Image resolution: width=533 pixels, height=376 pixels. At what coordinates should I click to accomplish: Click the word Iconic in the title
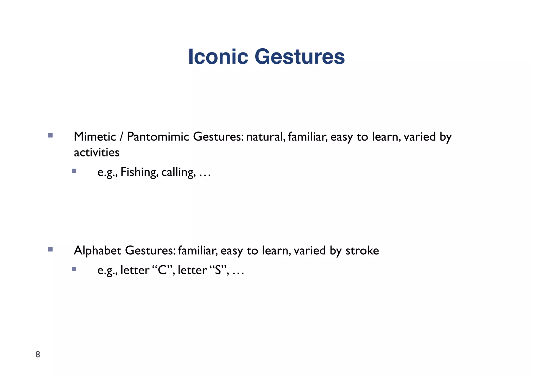click(x=218, y=57)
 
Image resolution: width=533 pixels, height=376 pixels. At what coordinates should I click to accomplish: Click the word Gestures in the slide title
click(x=300, y=57)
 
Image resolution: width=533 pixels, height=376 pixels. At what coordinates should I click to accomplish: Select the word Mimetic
click(x=95, y=137)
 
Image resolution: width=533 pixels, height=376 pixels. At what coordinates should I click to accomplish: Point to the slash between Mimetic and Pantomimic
click(x=121, y=137)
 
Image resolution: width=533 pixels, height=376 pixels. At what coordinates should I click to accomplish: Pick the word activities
click(x=97, y=153)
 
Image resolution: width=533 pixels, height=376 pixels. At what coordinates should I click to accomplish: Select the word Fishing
click(x=139, y=172)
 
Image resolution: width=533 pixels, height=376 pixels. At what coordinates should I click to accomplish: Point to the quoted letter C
click(x=162, y=270)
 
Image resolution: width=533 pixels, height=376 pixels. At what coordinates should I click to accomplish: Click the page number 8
click(x=38, y=354)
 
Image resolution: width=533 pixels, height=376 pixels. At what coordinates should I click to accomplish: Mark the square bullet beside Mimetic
click(x=50, y=135)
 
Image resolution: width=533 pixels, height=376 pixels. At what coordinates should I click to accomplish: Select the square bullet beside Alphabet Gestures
click(x=50, y=249)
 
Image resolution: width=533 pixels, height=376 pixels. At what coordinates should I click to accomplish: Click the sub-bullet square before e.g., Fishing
click(x=74, y=171)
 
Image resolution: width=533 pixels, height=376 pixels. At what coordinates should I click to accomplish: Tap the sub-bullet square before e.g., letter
click(x=74, y=269)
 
